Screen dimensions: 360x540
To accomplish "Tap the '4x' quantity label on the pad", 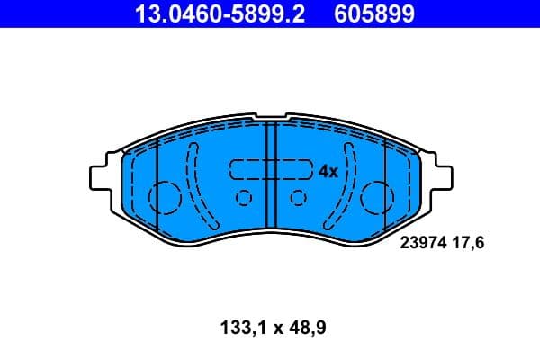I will [327, 171].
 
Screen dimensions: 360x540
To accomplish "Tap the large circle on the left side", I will [165, 196].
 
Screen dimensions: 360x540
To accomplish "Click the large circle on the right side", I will [375, 195].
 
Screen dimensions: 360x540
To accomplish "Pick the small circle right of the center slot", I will [297, 198].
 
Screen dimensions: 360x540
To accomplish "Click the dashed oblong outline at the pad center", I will [270, 170].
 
